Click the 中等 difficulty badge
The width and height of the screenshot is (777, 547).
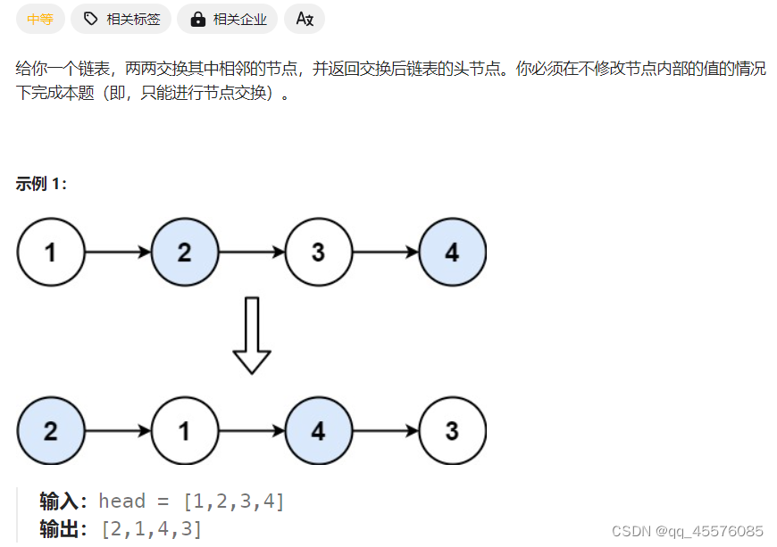40,19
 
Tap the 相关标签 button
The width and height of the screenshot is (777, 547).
121,19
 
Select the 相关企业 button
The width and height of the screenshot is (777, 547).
228,19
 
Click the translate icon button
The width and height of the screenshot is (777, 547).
305,19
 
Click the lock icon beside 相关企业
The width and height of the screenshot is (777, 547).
197,19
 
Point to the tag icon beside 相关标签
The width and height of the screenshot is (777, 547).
90,19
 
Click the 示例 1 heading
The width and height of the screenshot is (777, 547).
41,184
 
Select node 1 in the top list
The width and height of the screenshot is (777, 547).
50,253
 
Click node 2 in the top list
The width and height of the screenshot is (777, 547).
184,253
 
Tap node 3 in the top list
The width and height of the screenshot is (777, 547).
318,253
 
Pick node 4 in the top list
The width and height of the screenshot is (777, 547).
452,253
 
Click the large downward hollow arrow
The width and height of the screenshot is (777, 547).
252,336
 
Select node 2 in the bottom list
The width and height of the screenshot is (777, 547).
50,432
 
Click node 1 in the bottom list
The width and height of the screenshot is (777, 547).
184,432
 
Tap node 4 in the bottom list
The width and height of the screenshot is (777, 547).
318,432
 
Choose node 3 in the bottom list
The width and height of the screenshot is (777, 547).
452,432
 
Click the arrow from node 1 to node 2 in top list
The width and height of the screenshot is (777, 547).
117,253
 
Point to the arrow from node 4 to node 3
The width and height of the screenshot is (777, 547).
385,432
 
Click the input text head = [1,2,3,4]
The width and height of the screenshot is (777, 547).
191,501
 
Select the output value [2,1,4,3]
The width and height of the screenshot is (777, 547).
151,529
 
